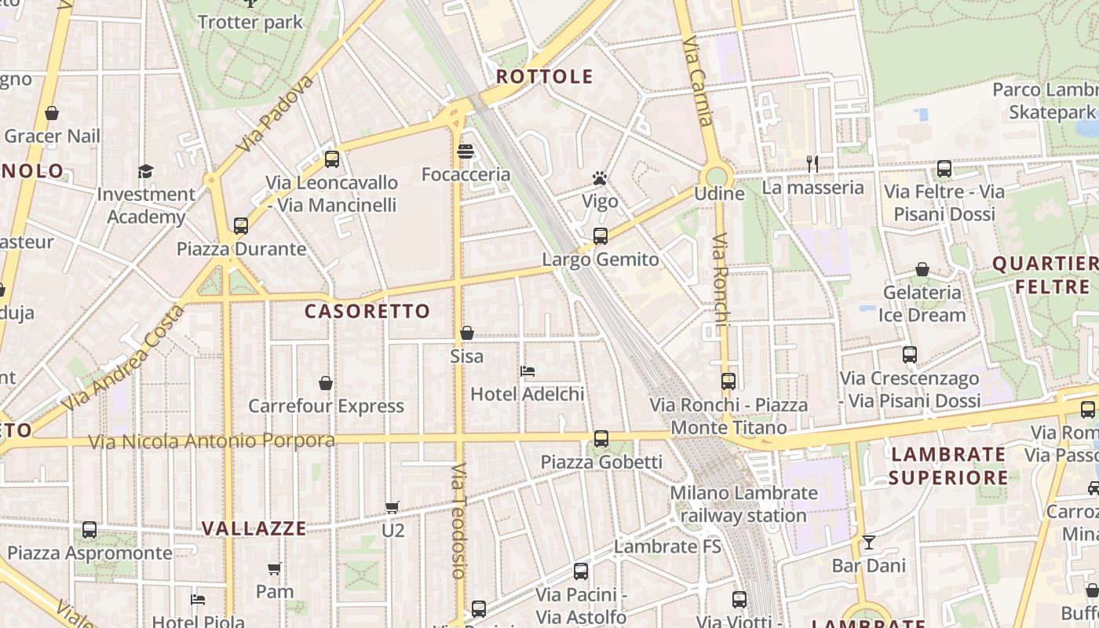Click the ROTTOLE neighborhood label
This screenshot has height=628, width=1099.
544,77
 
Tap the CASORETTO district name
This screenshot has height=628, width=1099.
367,312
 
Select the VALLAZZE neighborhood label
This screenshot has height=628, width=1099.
254,528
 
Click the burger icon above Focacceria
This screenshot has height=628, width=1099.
466,151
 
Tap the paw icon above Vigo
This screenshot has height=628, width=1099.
601,178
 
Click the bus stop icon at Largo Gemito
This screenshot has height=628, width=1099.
601,235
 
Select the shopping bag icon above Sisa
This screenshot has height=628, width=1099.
467,333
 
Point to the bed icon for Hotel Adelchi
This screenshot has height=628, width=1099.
528,371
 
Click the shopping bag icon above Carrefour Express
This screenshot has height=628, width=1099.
326,383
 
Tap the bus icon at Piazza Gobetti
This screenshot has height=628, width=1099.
601,438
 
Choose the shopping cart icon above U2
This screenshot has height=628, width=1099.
392,507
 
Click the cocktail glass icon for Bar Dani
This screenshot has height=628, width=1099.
869,542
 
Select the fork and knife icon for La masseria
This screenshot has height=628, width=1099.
812,164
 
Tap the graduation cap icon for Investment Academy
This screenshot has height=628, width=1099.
145,171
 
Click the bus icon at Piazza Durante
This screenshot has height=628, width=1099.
241,226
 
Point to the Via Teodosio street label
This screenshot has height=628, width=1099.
459,520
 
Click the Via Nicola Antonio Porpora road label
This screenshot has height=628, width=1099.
211,441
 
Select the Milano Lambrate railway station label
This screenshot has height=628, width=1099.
743,504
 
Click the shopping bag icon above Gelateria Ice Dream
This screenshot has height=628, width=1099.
922,269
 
